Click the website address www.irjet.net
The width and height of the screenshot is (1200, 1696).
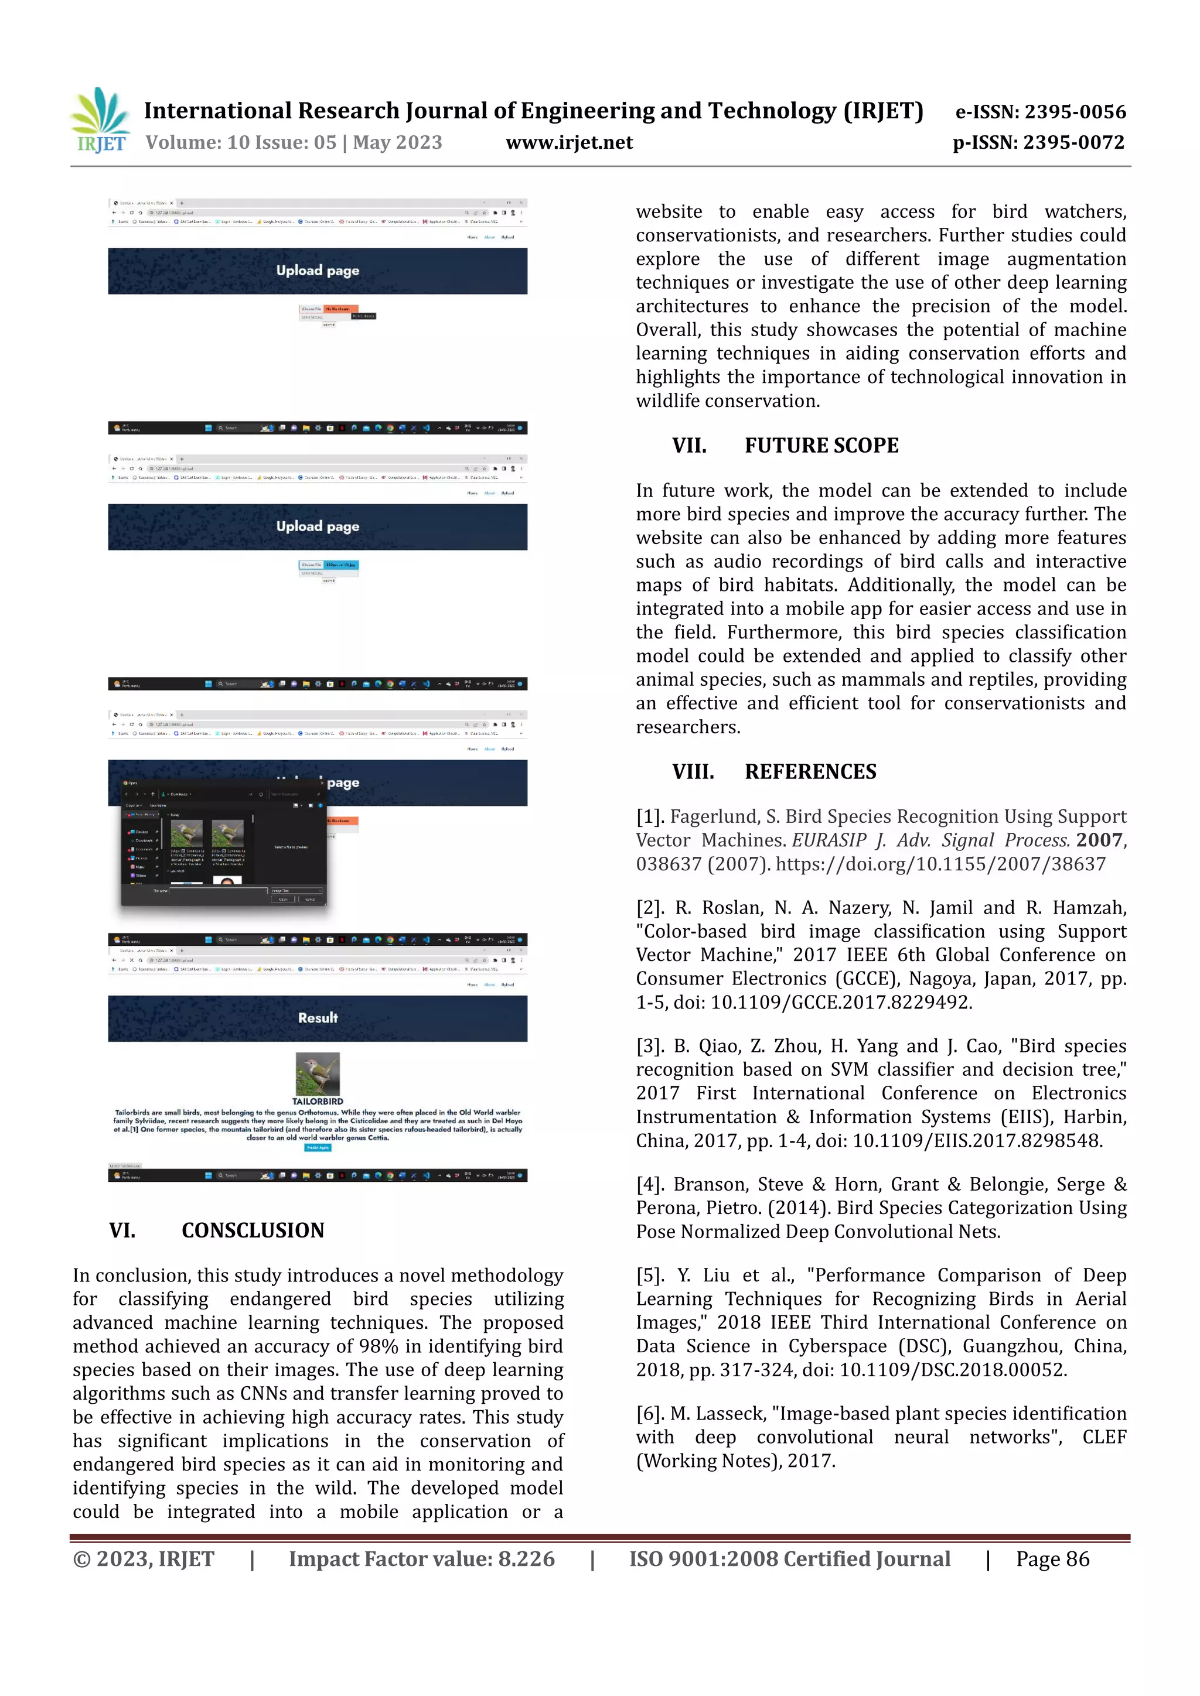pyautogui.click(x=569, y=142)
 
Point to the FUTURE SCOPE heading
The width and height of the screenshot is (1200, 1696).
pyautogui.click(x=821, y=446)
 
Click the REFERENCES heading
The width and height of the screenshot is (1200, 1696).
pyautogui.click(x=810, y=772)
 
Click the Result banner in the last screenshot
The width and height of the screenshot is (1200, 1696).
pyautogui.click(x=318, y=1018)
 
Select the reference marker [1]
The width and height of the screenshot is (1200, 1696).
pyautogui.click(x=650, y=817)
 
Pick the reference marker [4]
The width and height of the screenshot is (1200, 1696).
pyautogui.click(x=650, y=1185)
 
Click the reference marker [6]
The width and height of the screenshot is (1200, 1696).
pyautogui.click(x=650, y=1414)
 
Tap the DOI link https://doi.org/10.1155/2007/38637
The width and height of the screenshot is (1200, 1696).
pyautogui.click(x=940, y=864)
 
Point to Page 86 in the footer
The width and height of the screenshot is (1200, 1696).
pyautogui.click(x=1052, y=1560)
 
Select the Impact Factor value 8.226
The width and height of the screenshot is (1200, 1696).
pyautogui.click(x=526, y=1560)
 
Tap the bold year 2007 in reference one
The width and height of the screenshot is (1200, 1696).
pyautogui.click(x=1099, y=840)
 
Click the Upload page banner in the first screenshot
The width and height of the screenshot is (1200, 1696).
pyautogui.click(x=318, y=271)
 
